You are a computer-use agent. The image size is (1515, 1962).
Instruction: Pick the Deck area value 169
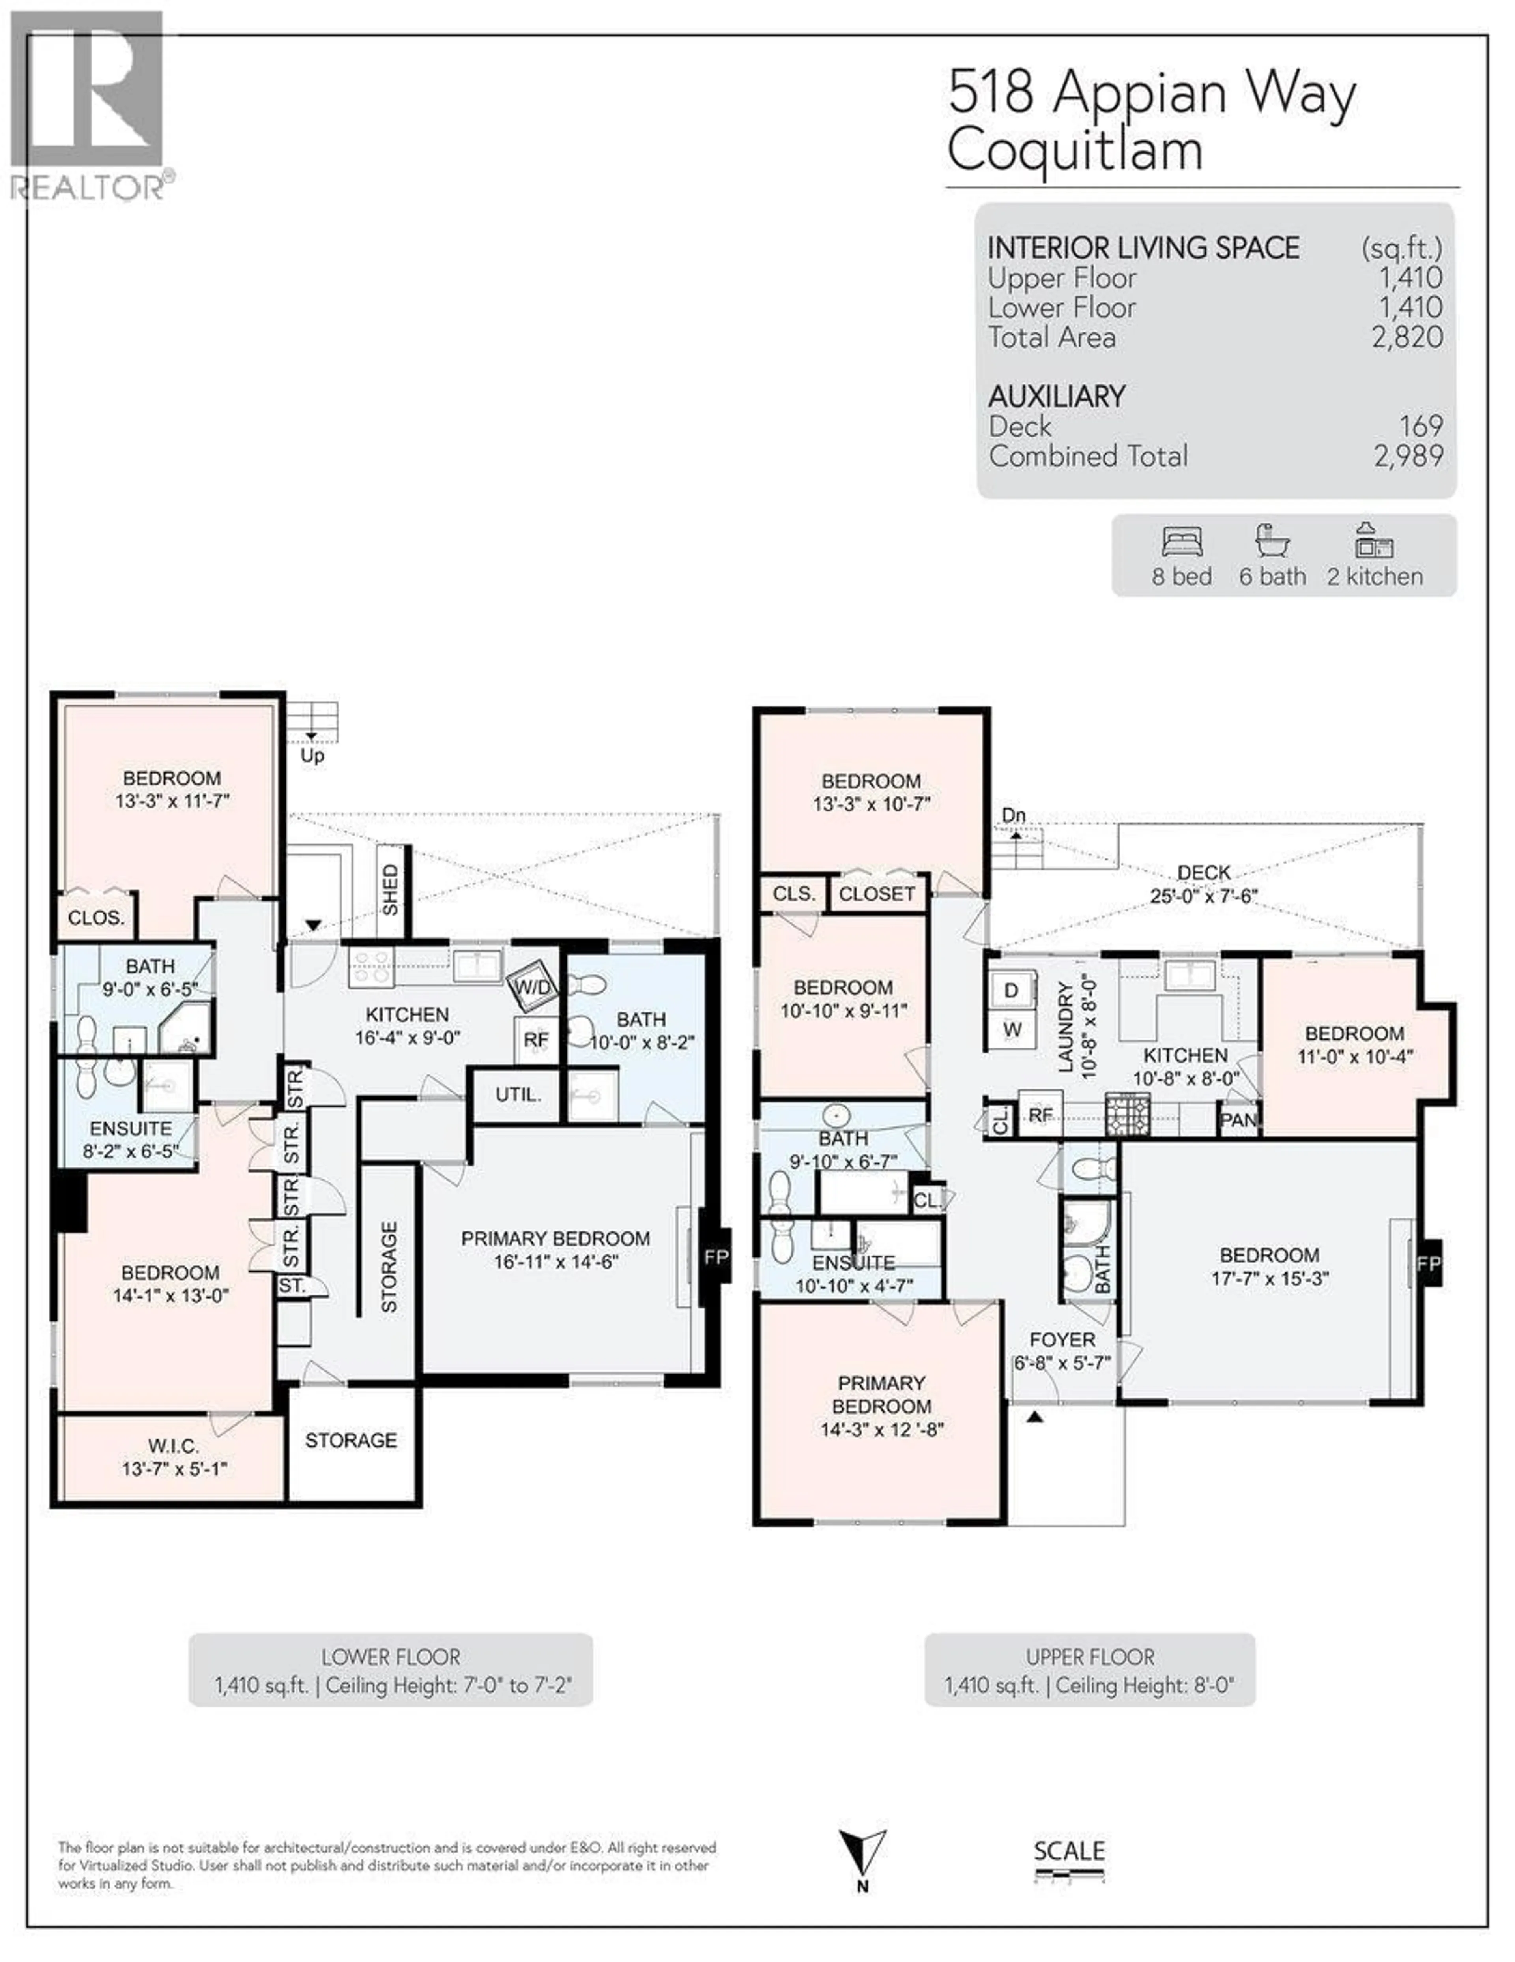(x=1420, y=426)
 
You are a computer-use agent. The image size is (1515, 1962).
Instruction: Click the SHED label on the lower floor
(x=390, y=889)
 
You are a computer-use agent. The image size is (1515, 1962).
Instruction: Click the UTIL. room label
(x=518, y=1095)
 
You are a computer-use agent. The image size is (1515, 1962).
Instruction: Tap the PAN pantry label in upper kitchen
(x=1238, y=1120)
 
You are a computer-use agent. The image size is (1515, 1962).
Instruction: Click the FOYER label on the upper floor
(x=1062, y=1340)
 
